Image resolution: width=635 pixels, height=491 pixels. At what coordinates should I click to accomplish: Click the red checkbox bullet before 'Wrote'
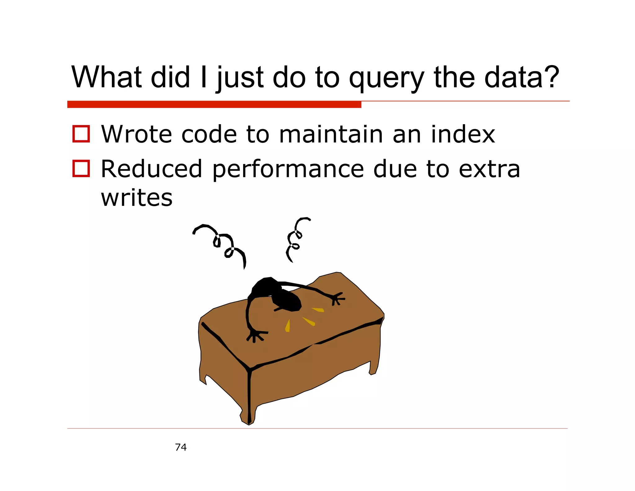[x=81, y=134]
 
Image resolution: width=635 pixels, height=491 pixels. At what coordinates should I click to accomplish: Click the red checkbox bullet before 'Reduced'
[x=81, y=169]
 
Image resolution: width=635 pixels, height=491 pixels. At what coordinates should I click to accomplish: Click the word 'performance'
[x=288, y=169]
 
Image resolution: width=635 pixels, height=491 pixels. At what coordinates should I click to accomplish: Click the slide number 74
[x=181, y=447]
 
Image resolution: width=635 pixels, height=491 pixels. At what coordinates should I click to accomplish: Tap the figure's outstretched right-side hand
[x=337, y=299]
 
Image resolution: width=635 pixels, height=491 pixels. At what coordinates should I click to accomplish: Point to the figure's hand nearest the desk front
[x=256, y=336]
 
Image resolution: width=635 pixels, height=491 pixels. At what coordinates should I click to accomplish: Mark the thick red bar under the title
[x=214, y=105]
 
